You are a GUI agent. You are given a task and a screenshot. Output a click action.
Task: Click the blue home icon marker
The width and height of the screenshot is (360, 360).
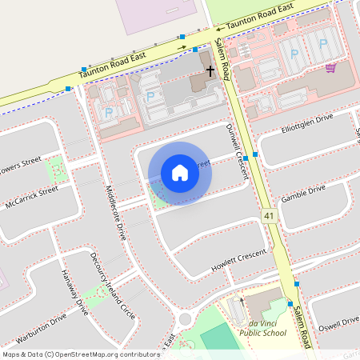click(180, 173)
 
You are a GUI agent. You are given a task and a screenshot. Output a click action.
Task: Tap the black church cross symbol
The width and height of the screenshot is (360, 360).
click(211, 71)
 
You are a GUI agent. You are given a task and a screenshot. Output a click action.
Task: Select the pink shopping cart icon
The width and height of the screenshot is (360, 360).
click(330, 68)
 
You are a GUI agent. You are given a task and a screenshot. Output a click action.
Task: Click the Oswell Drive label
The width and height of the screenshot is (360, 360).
click(338, 321)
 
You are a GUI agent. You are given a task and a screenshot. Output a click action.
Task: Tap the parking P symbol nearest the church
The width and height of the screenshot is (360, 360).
click(150, 96)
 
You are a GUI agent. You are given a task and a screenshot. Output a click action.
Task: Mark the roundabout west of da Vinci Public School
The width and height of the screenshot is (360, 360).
click(186, 319)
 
